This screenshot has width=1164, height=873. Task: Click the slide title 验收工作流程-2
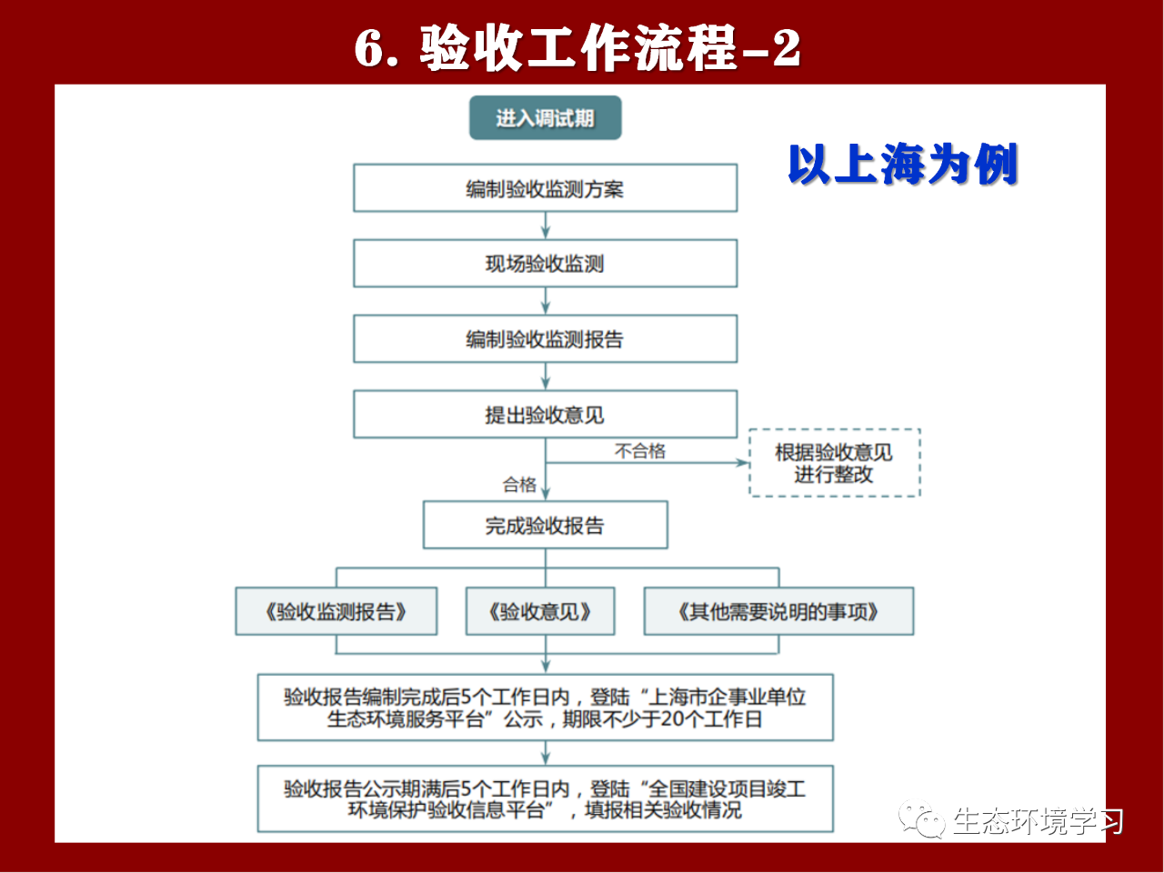coord(577,47)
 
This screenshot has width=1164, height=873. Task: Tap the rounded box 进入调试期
coord(545,117)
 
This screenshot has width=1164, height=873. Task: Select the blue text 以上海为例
coord(903,164)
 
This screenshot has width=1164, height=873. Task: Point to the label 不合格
coord(639,451)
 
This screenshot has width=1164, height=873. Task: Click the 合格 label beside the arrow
coord(519,485)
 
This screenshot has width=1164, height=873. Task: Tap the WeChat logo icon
coord(921,820)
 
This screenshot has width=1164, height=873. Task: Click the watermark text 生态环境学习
coord(1039,821)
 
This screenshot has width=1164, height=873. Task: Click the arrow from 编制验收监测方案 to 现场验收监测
coord(546,226)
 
